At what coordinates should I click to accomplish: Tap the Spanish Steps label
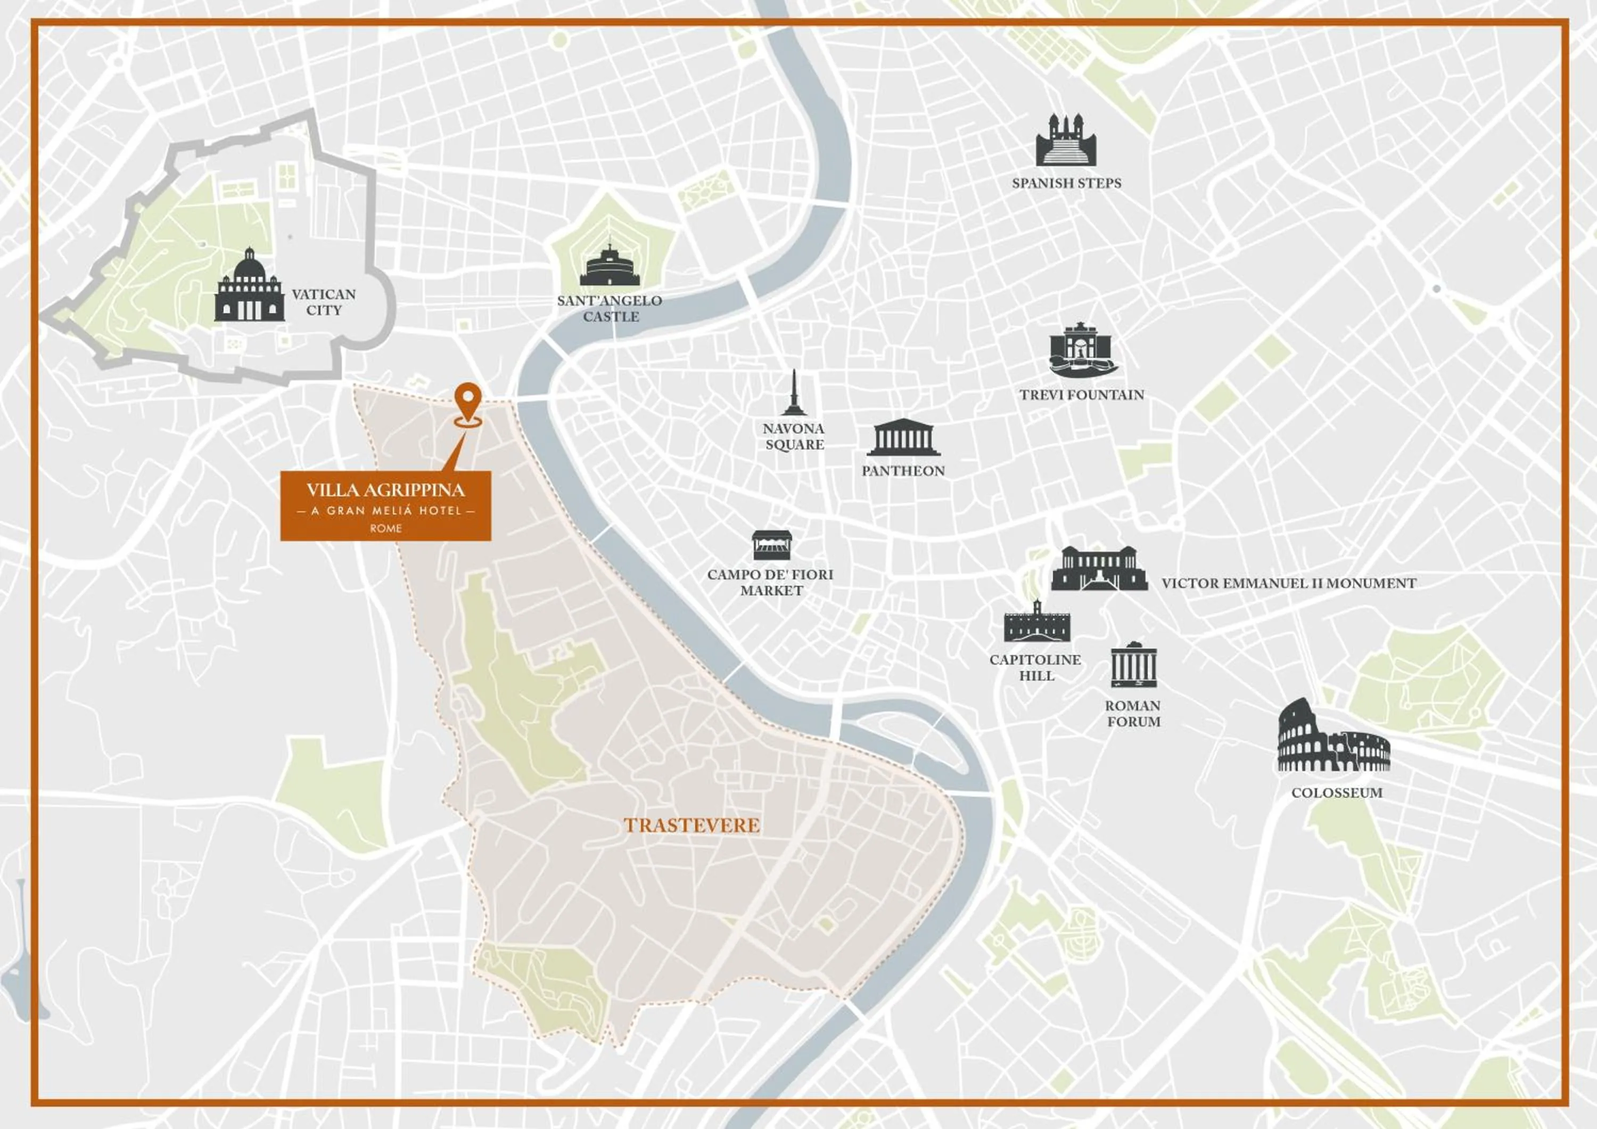1066,183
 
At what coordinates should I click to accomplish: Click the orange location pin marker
467,403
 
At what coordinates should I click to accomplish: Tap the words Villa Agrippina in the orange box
385,490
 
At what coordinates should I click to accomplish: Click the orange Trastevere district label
692,825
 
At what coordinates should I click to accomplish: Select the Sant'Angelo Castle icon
610,266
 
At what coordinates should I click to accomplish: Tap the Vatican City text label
324,302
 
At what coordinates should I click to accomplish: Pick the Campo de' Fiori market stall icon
772,545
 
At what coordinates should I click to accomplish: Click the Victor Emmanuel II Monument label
1288,583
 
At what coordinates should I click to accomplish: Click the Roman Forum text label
1133,713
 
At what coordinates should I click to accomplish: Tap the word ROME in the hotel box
385,528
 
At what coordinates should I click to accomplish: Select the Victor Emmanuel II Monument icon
1098,568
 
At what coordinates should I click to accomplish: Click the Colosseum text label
1336,792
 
